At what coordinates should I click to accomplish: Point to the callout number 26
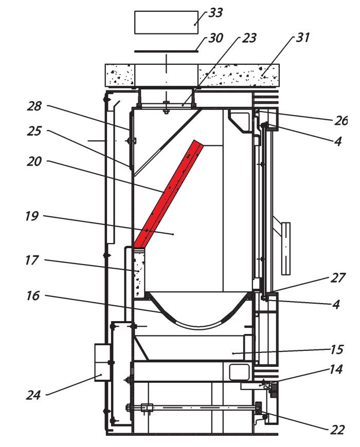[x=340, y=121]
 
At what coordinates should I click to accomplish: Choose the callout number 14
[x=337, y=370]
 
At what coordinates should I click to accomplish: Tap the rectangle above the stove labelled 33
[x=166, y=23]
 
